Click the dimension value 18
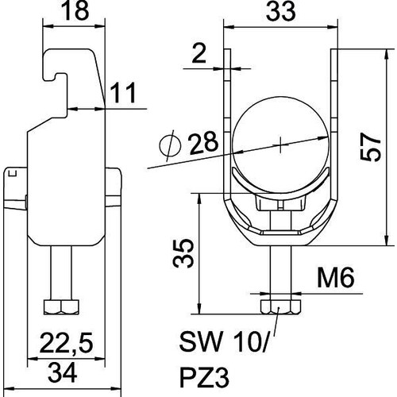75,11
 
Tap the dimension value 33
281,11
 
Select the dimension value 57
371,147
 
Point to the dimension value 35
183,253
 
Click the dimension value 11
123,93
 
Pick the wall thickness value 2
198,54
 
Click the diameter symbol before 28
171,145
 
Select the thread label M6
336,277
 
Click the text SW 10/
224,341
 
